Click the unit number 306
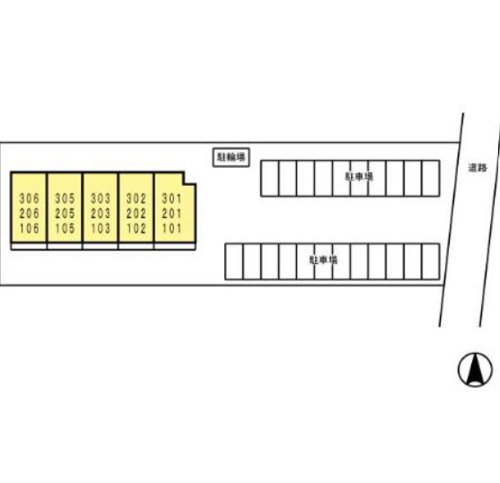click(30, 198)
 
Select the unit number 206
click(30, 214)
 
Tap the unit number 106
click(30, 228)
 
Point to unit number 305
click(65, 198)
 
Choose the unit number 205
click(65, 214)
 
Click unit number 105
click(65, 228)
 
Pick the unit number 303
click(101, 198)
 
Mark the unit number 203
click(101, 214)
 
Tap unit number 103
click(101, 228)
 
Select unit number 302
click(136, 198)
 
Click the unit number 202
click(136, 214)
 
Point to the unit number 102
click(136, 228)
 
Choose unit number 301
click(171, 198)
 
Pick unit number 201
click(171, 214)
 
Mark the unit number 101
click(171, 228)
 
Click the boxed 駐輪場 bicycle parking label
click(232, 157)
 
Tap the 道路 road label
click(478, 168)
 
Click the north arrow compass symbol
click(475, 370)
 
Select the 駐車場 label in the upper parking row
click(359, 176)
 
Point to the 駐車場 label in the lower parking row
click(323, 259)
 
